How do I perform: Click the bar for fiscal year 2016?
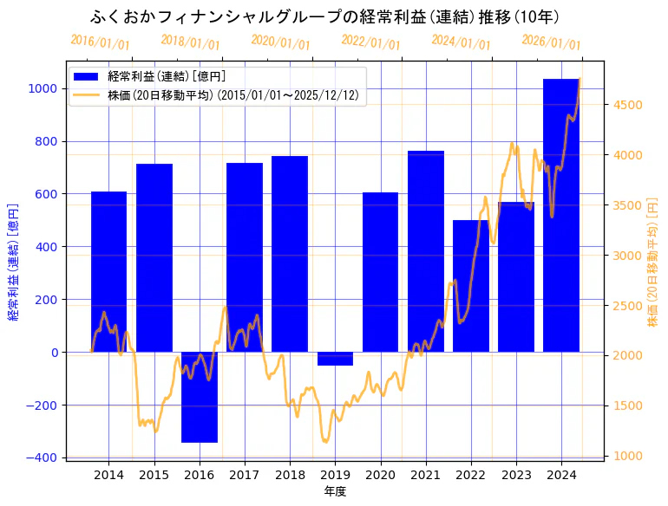pos(200,397)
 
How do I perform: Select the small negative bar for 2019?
pos(335,359)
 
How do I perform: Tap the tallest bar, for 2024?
pos(561,217)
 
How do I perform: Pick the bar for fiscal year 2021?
pos(426,251)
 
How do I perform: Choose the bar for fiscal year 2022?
pos(471,286)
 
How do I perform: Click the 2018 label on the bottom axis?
pos(290,475)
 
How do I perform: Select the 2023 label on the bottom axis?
pos(516,475)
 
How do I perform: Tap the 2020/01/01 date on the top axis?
pos(280,42)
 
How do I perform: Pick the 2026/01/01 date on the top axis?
pos(551,42)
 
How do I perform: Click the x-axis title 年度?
pos(335,491)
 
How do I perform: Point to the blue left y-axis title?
pos(13,263)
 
